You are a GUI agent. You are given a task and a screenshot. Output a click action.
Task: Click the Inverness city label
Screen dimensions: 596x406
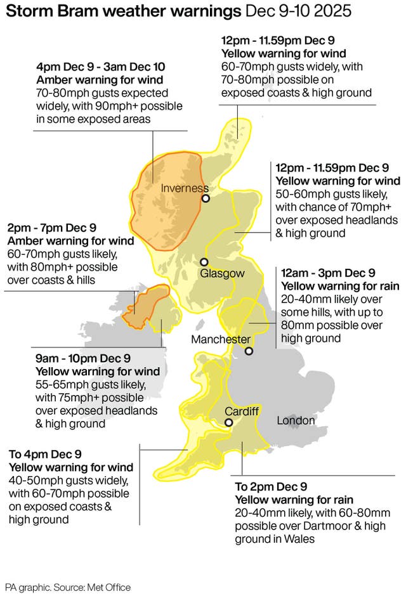coord(185,188)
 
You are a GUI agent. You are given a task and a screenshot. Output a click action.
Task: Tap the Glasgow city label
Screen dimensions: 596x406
coord(222,273)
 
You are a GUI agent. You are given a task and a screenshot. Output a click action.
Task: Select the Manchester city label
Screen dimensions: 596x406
coord(221,340)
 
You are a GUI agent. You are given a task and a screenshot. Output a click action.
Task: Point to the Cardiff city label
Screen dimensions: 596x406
coord(242,411)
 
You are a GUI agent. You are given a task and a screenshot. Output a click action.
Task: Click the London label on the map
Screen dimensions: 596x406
coord(296,420)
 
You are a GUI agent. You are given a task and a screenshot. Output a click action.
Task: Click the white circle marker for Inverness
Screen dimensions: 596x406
coord(206,198)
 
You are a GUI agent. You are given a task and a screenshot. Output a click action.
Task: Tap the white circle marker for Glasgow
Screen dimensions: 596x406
coord(204,262)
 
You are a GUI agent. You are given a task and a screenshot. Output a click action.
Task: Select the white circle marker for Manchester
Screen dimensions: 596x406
coord(249,351)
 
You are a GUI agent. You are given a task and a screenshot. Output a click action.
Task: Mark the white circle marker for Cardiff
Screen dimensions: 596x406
coord(228,422)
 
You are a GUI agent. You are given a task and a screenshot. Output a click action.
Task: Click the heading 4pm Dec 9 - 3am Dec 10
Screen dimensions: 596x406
coord(102,67)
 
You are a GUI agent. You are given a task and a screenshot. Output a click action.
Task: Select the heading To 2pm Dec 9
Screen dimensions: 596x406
coord(271,487)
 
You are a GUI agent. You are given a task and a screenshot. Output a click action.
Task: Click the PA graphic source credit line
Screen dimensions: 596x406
coord(68,587)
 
